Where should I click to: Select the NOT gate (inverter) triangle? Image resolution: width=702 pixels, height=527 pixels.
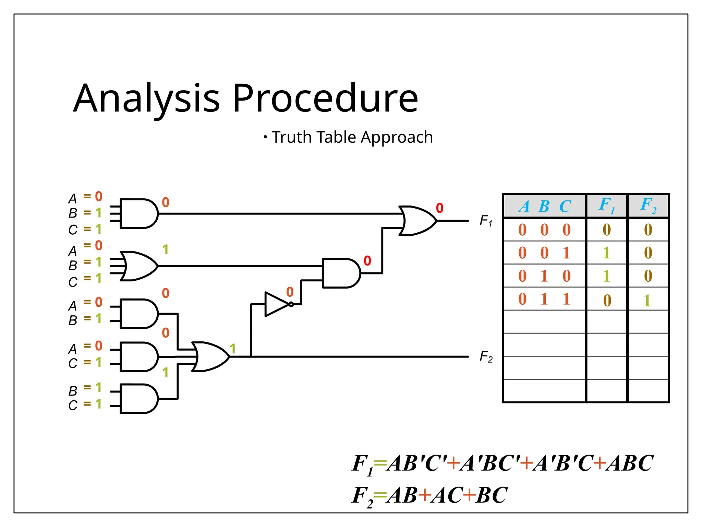pos(276,304)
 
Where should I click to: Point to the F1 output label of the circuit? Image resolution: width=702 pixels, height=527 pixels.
pos(486,221)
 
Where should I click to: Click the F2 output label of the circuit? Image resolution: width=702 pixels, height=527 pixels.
pos(486,357)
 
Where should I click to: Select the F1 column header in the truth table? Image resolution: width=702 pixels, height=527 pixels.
pos(607,206)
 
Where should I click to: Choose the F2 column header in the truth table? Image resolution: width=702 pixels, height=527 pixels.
pos(648,206)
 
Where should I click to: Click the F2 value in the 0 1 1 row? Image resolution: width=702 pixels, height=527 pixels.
pos(647,301)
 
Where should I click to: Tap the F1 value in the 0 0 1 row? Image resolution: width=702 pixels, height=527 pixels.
pos(607,253)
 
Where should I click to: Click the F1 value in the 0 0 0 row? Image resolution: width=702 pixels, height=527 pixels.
pos(607,230)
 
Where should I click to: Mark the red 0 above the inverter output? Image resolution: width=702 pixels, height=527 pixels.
pos(290,292)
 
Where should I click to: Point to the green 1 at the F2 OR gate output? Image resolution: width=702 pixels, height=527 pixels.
pos(233,349)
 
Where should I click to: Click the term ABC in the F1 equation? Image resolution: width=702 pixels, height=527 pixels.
pos(629,463)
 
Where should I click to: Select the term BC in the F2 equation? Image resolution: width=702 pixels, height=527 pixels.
pos(492,495)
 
